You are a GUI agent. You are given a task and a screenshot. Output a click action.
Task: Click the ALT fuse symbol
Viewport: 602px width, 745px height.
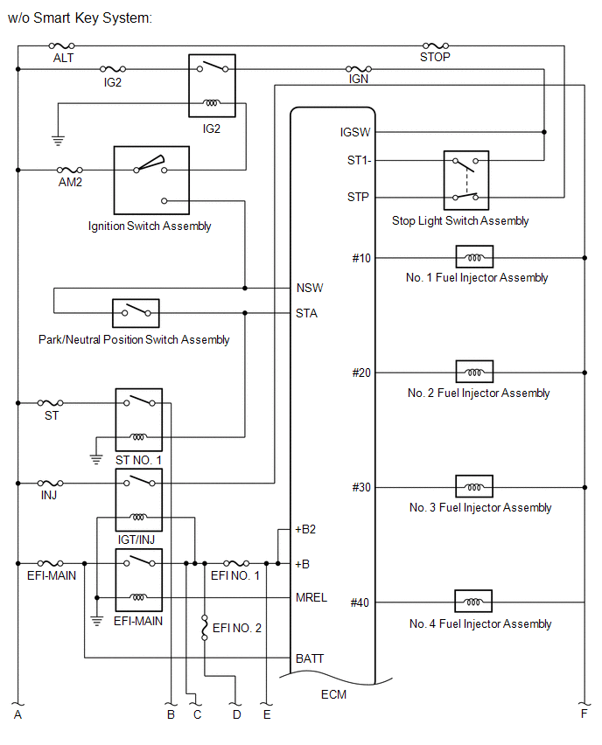62,45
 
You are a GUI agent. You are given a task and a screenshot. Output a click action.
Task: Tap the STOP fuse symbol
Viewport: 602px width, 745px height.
436,45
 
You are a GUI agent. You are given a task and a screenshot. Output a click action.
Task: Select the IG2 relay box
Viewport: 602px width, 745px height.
212,86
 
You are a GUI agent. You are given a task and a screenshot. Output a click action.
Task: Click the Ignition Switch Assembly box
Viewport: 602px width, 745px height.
151,180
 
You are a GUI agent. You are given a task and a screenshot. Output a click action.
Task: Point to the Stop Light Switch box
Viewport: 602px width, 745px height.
466,180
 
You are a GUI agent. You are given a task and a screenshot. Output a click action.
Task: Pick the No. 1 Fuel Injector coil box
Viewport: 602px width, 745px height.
474,257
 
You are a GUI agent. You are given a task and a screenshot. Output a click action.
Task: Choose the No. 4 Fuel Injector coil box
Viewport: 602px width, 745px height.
473,601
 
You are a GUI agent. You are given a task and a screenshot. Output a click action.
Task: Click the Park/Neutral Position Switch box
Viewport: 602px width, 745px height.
136,313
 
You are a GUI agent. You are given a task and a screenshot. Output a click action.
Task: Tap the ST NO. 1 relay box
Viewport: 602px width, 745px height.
139,420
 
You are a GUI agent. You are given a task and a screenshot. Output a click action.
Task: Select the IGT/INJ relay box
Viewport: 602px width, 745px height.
139,500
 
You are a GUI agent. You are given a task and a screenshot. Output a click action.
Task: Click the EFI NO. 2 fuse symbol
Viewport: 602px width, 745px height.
205,628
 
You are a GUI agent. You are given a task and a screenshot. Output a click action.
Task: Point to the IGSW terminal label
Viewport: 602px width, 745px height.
354,132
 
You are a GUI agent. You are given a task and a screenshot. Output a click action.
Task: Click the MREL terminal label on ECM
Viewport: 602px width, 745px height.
311,597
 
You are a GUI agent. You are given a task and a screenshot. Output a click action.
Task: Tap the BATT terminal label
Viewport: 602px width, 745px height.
310,658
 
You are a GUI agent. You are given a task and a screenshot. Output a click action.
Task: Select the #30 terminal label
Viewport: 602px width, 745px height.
361,487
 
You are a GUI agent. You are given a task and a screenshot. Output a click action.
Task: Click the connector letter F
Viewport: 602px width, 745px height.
584,714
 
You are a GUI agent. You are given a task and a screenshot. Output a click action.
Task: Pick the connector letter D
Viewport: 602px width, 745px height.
237,714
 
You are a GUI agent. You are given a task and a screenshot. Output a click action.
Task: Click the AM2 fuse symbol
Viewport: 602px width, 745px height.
69,170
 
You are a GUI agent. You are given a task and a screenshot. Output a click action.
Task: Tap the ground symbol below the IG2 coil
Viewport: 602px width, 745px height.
58,140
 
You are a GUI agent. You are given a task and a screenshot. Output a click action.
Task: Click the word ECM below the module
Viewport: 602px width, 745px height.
333,694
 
